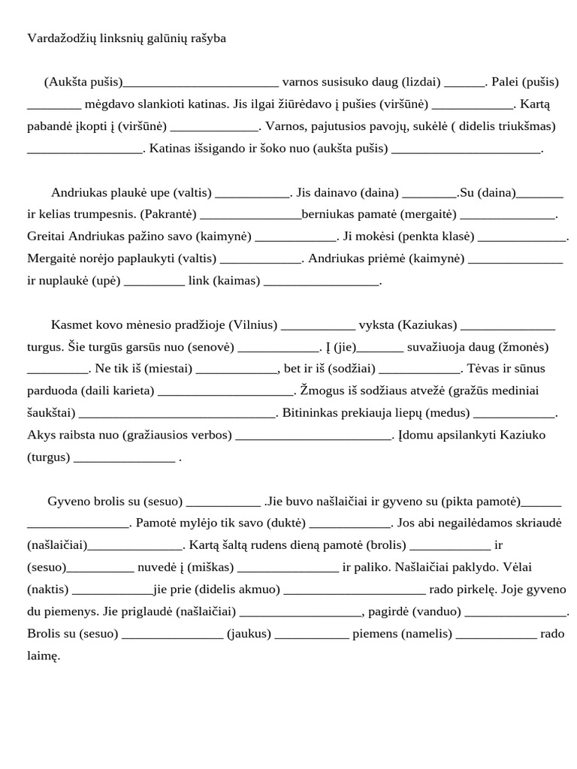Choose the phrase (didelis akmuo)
pyautogui.click(x=233, y=589)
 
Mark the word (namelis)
pyautogui.click(x=427, y=633)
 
